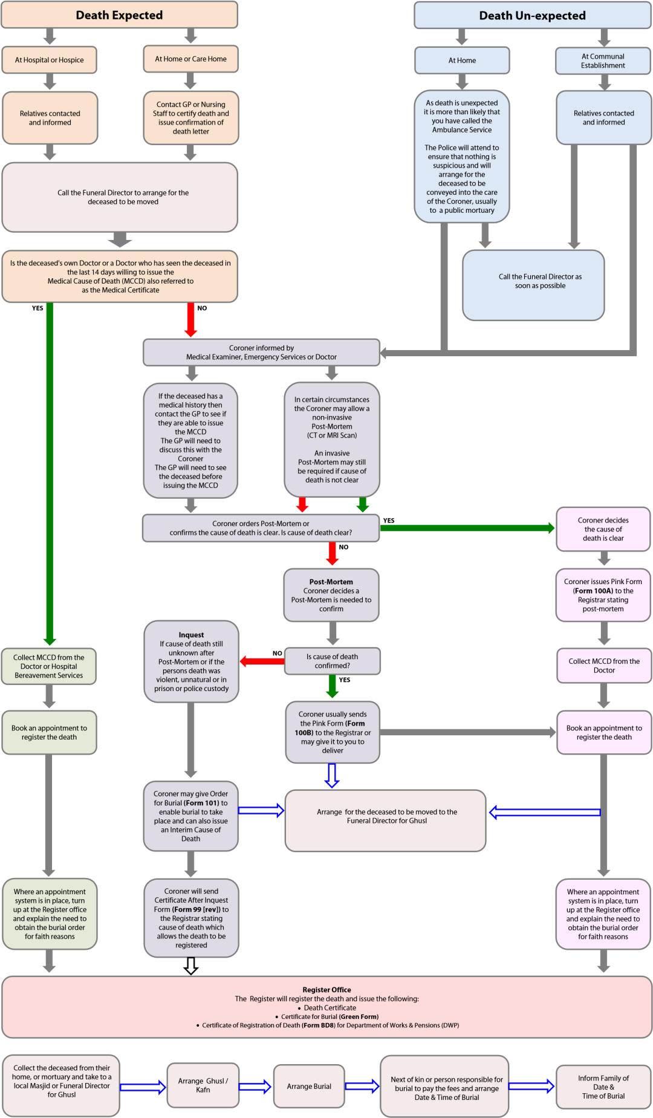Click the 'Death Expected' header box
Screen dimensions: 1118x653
[x=119, y=15]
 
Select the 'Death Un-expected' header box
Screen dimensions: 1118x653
[x=532, y=15]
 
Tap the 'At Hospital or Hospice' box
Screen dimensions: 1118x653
[x=49, y=60]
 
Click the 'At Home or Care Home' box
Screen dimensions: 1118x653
[x=190, y=59]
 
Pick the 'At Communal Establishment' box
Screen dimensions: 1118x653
[x=603, y=61]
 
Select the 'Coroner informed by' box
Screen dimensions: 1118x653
[x=261, y=353]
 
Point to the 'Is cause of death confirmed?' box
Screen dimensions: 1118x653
[x=332, y=661]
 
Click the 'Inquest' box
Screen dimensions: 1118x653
[x=191, y=661]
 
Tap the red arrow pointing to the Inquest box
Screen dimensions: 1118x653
[x=262, y=661]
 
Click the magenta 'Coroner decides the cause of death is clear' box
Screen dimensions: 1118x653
[x=603, y=529]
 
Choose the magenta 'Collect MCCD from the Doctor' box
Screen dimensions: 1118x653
[x=603, y=666]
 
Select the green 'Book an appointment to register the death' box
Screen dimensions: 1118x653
[x=49, y=732]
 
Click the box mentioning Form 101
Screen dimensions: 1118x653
[x=190, y=816]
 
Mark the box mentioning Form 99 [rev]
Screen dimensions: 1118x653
[x=191, y=918]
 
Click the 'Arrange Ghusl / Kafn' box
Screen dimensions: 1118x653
[x=203, y=1085]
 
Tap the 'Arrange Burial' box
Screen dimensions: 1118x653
[x=309, y=1087]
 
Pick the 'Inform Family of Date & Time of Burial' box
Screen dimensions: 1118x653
[x=603, y=1087]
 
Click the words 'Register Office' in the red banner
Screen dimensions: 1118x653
[x=326, y=990]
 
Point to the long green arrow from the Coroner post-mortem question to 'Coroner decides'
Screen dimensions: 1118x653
[x=466, y=528]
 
